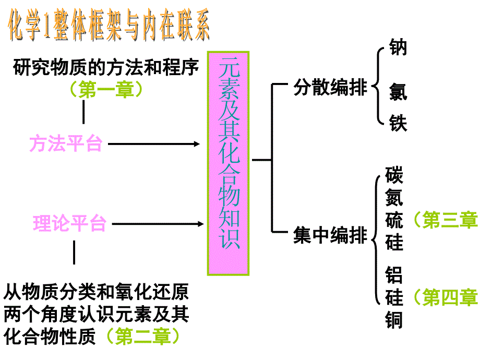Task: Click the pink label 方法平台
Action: pos(66,143)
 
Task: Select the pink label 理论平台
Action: pos(69,223)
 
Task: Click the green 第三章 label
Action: pos(445,220)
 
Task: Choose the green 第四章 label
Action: pos(445,297)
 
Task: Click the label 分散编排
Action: pos(330,87)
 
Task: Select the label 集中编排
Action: pos(330,235)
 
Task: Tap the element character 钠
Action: pos(398,47)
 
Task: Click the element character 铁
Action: pos(398,123)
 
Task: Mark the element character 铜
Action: pos(394,319)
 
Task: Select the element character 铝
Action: pos(394,275)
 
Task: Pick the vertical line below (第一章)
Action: pos(83,112)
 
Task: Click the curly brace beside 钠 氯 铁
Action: pos(378,86)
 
